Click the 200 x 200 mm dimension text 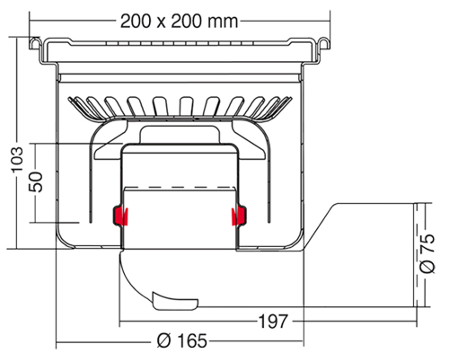pyautogui.click(x=179, y=22)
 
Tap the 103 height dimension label pyautogui.click(x=17, y=159)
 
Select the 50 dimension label pyautogui.click(x=36, y=181)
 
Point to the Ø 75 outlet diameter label pyautogui.click(x=427, y=253)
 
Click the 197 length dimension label pyautogui.click(x=273, y=322)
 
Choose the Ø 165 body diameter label pyautogui.click(x=182, y=340)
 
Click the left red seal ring pyautogui.click(x=120, y=216)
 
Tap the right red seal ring pyautogui.click(x=239, y=216)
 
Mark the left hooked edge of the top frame pyautogui.click(x=35, y=44)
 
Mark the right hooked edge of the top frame pyautogui.click(x=324, y=44)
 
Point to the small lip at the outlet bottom pyautogui.click(x=175, y=301)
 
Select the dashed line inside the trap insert pyautogui.click(x=180, y=188)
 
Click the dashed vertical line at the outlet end pyautogui.click(x=416, y=255)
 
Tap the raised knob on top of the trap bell pyautogui.click(x=180, y=135)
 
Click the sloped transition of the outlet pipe pyautogui.click(x=320, y=226)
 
